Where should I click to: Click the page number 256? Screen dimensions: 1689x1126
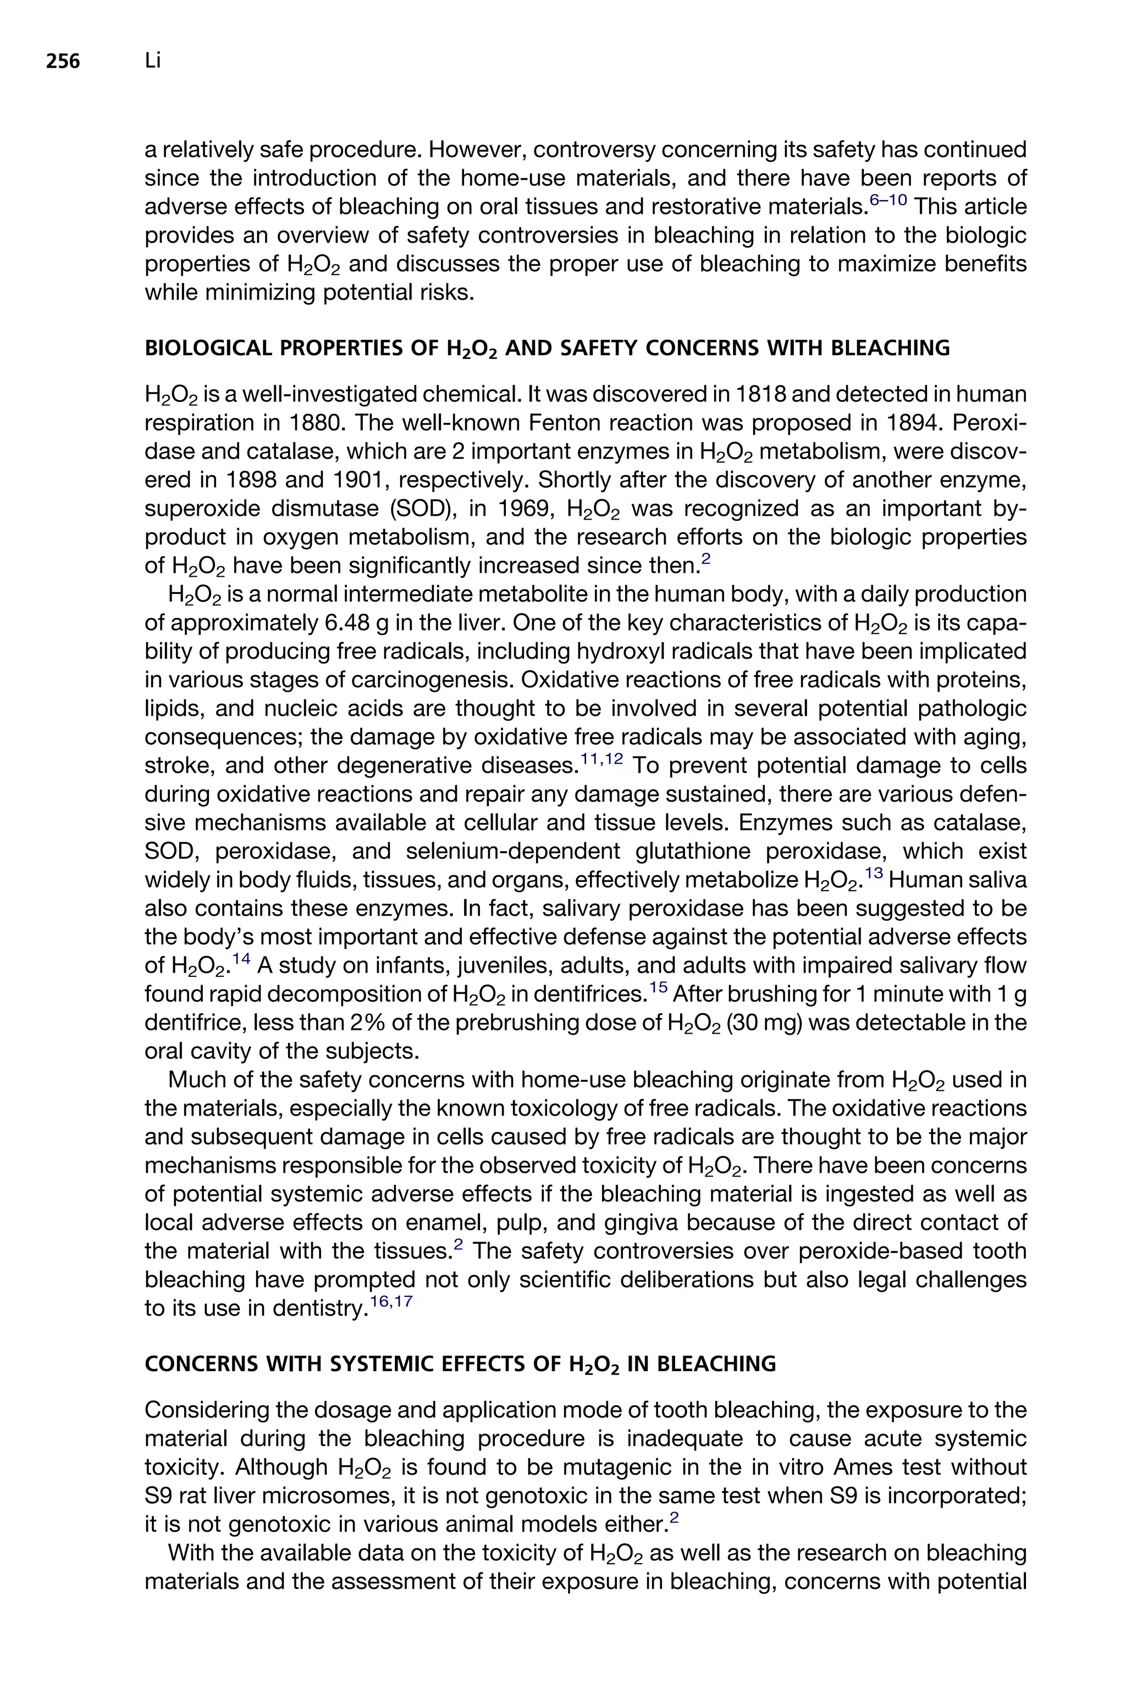click(63, 63)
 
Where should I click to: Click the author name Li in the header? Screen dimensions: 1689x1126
click(152, 62)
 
